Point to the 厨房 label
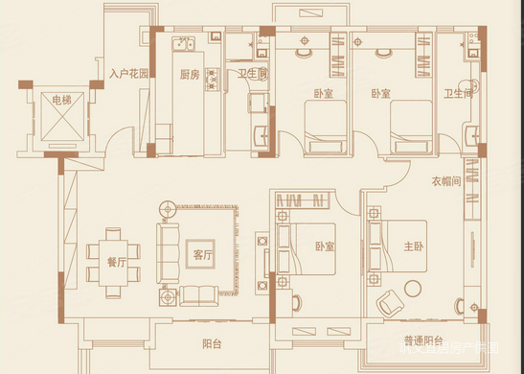(191, 74)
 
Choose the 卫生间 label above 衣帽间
(459, 94)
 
